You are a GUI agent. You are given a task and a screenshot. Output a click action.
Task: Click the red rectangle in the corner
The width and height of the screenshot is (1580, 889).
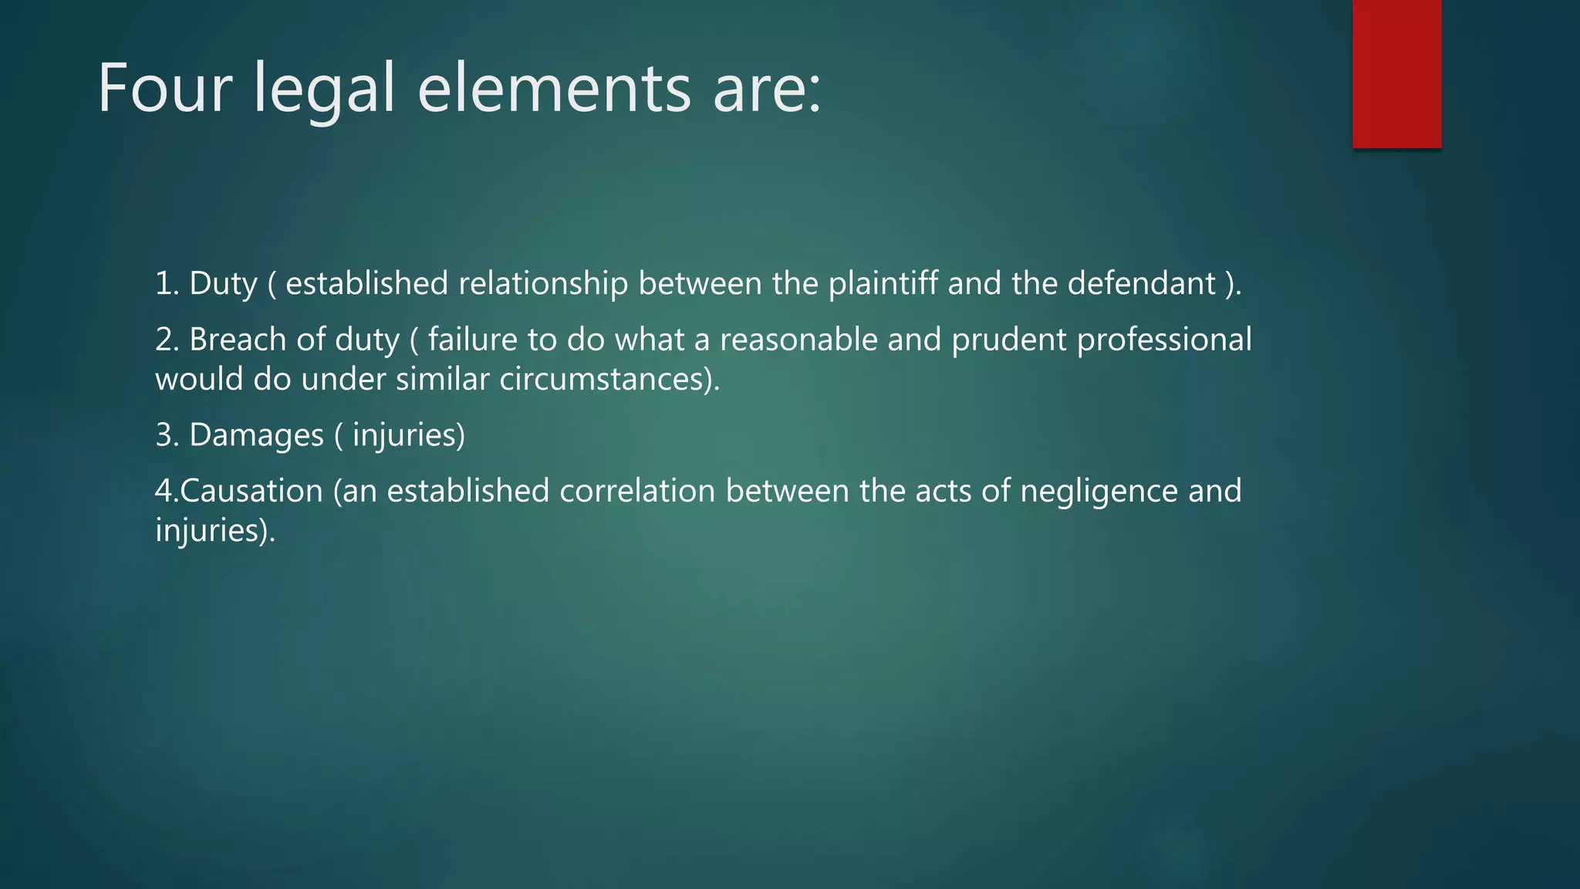tap(1396, 73)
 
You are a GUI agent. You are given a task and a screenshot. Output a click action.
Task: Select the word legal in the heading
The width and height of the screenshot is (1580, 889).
tap(324, 90)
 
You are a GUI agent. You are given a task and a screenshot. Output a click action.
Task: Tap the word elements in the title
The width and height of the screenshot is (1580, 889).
tap(554, 90)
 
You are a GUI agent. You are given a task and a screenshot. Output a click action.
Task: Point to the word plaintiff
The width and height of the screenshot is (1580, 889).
tap(883, 283)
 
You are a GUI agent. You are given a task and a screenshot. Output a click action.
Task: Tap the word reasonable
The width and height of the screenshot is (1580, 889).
tap(798, 340)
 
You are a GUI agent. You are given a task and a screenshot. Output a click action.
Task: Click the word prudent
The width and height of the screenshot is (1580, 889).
tap(1008, 340)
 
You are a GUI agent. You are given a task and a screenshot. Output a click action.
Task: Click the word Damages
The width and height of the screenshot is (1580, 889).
tap(256, 435)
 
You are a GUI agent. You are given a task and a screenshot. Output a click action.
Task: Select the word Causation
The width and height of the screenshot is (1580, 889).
tap(252, 491)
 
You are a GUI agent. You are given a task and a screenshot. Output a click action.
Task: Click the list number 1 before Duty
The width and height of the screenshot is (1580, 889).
tap(165, 283)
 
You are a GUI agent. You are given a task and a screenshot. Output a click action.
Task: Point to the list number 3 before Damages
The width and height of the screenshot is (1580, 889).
tap(165, 435)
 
